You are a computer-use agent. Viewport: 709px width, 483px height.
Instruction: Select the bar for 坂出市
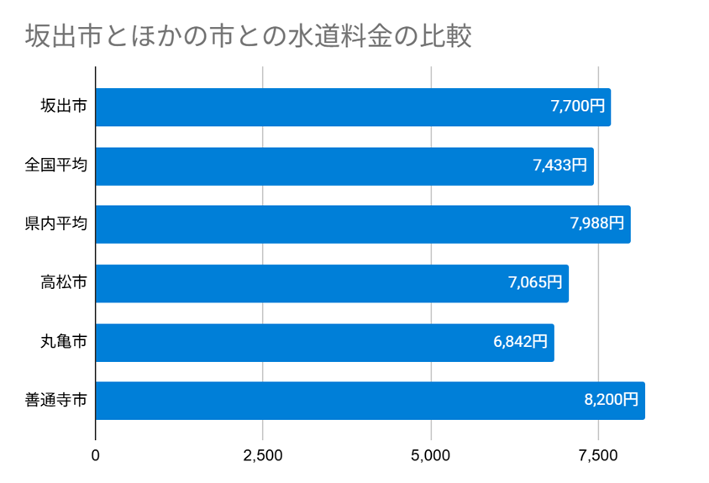pyautogui.click(x=353, y=108)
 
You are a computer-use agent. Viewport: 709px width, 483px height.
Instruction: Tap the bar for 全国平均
pyautogui.click(x=344, y=166)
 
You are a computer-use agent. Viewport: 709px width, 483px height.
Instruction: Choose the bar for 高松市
pyautogui.click(x=332, y=283)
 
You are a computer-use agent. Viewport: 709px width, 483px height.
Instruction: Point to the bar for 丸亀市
pyautogui.click(x=324, y=342)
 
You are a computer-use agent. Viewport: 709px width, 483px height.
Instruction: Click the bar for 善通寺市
pyautogui.click(x=370, y=401)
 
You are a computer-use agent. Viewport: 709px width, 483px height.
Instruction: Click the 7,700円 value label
pyautogui.click(x=577, y=108)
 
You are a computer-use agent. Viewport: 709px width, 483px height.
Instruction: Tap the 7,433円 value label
pyautogui.click(x=559, y=166)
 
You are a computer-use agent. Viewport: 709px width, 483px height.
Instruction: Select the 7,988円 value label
pyautogui.click(x=597, y=224)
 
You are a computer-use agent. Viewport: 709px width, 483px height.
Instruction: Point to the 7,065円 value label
pyautogui.click(x=535, y=283)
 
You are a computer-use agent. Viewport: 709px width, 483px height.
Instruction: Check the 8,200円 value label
pyautogui.click(x=612, y=401)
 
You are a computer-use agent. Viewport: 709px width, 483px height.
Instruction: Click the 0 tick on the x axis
pyautogui.click(x=96, y=456)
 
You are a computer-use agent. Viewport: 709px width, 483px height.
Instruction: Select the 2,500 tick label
pyautogui.click(x=263, y=456)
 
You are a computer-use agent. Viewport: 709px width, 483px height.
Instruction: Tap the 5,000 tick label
pyautogui.click(x=431, y=456)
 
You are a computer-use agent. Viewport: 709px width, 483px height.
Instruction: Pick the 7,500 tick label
pyautogui.click(x=598, y=456)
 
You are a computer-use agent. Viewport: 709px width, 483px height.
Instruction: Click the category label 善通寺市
pyautogui.click(x=55, y=401)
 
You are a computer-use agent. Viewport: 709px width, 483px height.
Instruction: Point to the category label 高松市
pyautogui.click(x=63, y=283)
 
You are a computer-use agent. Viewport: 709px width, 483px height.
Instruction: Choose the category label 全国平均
pyautogui.click(x=55, y=166)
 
